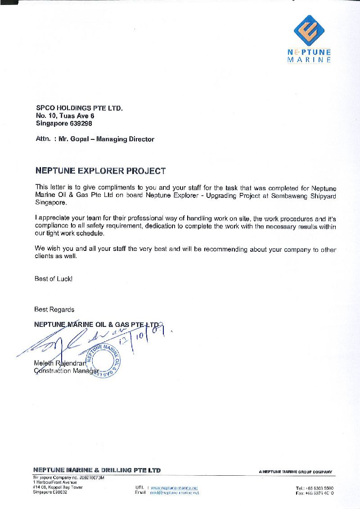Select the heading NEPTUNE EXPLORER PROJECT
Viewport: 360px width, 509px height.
(100, 171)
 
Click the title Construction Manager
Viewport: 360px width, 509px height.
(66, 371)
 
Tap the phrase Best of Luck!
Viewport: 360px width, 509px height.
(54, 279)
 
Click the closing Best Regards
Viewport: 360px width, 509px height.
(54, 309)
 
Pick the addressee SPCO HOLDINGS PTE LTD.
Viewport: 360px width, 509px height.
(79, 108)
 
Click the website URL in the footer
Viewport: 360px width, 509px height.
(174, 487)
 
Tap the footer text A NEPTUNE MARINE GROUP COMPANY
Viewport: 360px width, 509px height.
(296, 472)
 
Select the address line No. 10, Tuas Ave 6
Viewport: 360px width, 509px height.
(65, 116)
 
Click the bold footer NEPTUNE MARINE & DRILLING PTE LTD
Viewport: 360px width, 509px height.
(97, 470)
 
